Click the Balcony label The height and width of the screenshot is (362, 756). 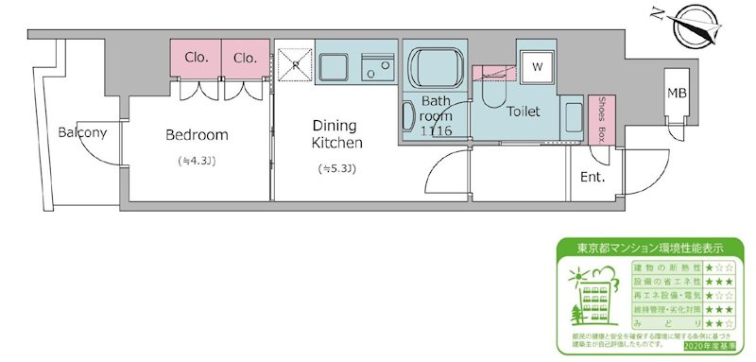(x=82, y=132)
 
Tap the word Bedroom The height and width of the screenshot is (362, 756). (x=197, y=135)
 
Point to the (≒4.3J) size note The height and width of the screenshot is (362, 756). (x=197, y=161)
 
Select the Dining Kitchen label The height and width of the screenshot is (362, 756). (x=337, y=133)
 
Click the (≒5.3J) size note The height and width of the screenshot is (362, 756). (x=337, y=169)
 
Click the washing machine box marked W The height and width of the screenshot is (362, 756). (x=536, y=67)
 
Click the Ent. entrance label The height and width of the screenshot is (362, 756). (x=593, y=177)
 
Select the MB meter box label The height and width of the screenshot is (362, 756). (x=678, y=93)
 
